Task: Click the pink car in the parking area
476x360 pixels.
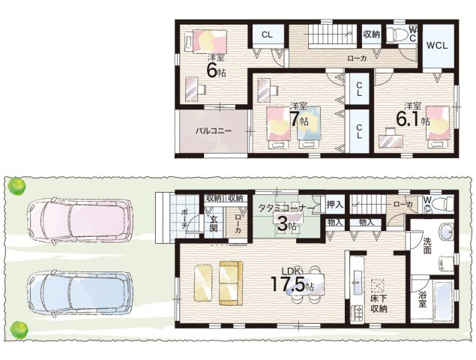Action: pyautogui.click(x=80, y=220)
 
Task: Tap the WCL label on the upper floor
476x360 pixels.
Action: pyautogui.click(x=437, y=46)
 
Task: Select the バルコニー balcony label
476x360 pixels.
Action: pyautogui.click(x=214, y=131)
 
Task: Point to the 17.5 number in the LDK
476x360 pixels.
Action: pyautogui.click(x=288, y=284)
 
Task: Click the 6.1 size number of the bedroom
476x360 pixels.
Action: pyautogui.click(x=408, y=120)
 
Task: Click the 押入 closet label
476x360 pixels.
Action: pyautogui.click(x=335, y=205)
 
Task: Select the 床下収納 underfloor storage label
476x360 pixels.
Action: pyautogui.click(x=379, y=304)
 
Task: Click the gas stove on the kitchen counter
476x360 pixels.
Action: pyautogui.click(x=358, y=313)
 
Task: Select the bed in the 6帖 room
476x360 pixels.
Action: pyautogui.click(x=206, y=41)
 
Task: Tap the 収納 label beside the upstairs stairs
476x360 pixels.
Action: pyautogui.click(x=372, y=34)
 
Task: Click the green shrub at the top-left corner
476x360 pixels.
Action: pyautogui.click(x=16, y=186)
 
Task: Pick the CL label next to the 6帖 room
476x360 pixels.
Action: pyautogui.click(x=267, y=34)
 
